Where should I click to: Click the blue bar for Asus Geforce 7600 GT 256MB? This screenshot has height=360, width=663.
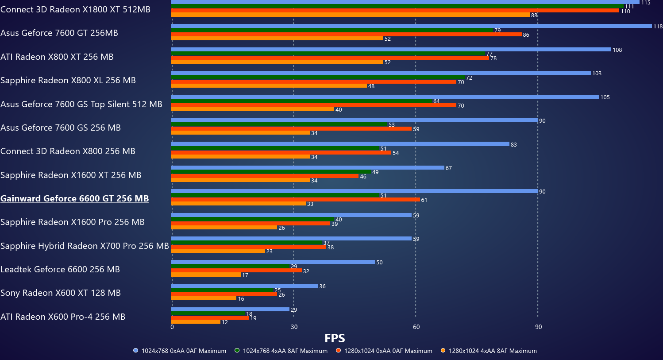tap(411, 26)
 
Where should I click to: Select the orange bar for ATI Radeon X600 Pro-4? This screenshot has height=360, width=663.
tap(196, 322)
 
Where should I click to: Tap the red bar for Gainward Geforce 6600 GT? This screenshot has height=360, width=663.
tap(295, 200)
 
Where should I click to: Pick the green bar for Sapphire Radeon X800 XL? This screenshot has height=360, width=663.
tap(318, 77)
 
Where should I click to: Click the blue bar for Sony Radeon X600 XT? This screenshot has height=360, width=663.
tap(244, 286)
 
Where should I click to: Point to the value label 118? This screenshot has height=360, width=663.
tap(658, 27)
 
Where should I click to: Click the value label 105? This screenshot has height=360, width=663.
tap(605, 97)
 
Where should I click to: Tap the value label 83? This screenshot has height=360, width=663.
tap(513, 145)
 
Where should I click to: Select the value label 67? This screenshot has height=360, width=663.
tap(448, 168)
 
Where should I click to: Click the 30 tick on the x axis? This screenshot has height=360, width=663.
tap(294, 327)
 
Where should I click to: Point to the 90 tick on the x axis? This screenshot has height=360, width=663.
tap(538, 327)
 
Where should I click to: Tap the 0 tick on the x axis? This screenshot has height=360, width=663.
tap(172, 327)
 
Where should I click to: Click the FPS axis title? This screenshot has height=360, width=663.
tap(335, 338)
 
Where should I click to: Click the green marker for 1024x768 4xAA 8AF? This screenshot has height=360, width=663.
tap(237, 351)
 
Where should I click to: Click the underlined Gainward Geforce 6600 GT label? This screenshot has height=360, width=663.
tap(74, 198)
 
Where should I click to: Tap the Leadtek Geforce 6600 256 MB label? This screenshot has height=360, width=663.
tap(60, 269)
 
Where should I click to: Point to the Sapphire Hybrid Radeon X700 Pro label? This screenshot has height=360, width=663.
tap(85, 246)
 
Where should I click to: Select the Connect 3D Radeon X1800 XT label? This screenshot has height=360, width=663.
tap(75, 9)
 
